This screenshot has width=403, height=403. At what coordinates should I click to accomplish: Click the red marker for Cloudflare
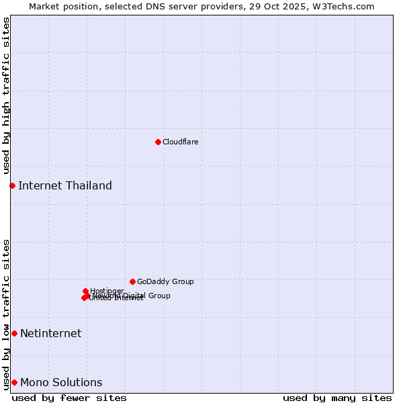pos(158,142)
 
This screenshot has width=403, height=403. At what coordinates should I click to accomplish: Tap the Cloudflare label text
pos(180,142)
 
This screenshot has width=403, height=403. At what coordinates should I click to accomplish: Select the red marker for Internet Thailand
pos(12,185)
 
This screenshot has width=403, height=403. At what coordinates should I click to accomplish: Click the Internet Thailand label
pos(65,185)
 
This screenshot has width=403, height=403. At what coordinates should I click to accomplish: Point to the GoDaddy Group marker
pos(132,281)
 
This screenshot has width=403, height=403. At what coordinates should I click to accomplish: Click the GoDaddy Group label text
pos(165,281)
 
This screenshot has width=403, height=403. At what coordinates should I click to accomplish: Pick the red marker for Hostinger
pos(85,291)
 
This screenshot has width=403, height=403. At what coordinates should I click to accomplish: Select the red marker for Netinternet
pos(14,333)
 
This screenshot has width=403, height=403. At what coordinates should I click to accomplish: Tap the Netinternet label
pos(50,333)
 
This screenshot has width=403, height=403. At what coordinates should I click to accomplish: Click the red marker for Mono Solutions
pos(14,382)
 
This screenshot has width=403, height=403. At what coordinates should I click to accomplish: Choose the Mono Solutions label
pos(61,382)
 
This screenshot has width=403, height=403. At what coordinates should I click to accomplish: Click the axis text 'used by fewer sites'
pos(69,398)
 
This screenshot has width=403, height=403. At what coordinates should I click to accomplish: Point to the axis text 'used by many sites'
pos(337,398)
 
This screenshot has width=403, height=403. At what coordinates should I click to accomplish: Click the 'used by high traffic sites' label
pos(6,96)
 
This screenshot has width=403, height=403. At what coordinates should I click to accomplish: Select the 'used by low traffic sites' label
pos(6,314)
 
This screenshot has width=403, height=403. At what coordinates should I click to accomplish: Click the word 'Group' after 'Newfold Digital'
pos(159,296)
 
